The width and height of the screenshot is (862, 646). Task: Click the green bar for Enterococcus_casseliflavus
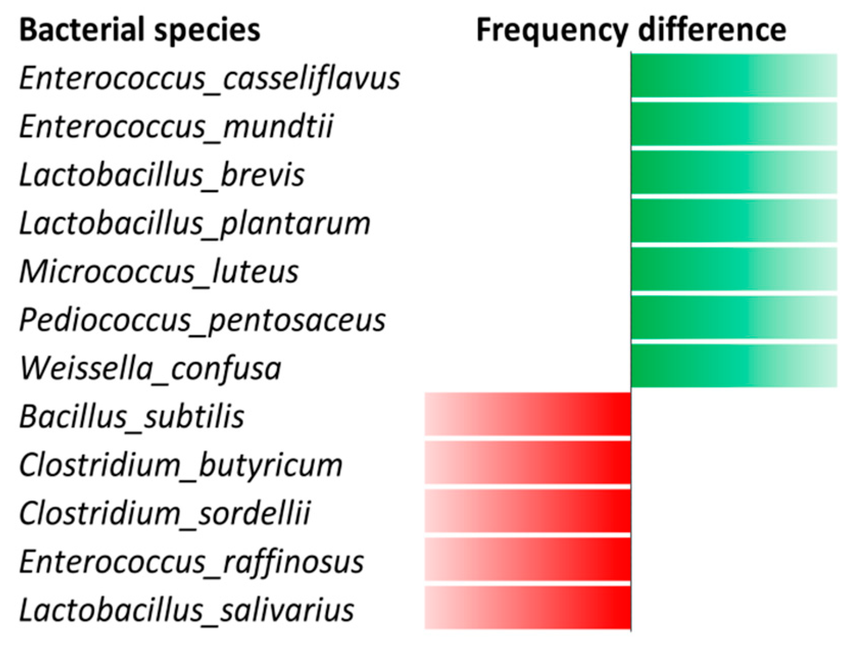[x=734, y=76]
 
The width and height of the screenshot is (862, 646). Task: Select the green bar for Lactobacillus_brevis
[x=734, y=172]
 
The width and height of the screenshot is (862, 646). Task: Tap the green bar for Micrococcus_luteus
[x=734, y=269]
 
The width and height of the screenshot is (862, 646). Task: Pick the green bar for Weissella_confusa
[x=734, y=365]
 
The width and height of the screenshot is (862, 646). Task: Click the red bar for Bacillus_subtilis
[x=528, y=414]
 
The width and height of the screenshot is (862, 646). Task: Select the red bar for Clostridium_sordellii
[x=528, y=511]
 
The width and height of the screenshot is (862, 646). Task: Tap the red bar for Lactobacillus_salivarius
[x=528, y=607]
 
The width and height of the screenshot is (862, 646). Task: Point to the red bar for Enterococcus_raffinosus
[x=528, y=559]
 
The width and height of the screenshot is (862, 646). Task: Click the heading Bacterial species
[x=140, y=30]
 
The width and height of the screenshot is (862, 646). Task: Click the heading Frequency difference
[x=631, y=30]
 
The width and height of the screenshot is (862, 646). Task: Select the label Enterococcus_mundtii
[x=176, y=126]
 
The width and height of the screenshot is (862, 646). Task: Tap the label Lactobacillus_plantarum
[x=194, y=223]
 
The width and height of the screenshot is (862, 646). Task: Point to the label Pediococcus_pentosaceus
[x=202, y=320]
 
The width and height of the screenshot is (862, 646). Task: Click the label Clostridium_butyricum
[x=181, y=465]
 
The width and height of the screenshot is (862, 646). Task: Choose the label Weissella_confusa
[x=150, y=368]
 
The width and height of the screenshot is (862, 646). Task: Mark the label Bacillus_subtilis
[x=132, y=417]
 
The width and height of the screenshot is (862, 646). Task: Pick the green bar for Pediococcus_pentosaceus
[x=734, y=317]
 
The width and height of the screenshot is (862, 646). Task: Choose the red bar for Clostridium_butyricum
[x=528, y=462]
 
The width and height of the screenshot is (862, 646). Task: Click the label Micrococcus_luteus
[x=159, y=271]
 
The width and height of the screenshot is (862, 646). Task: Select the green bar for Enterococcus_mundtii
[x=734, y=124]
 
